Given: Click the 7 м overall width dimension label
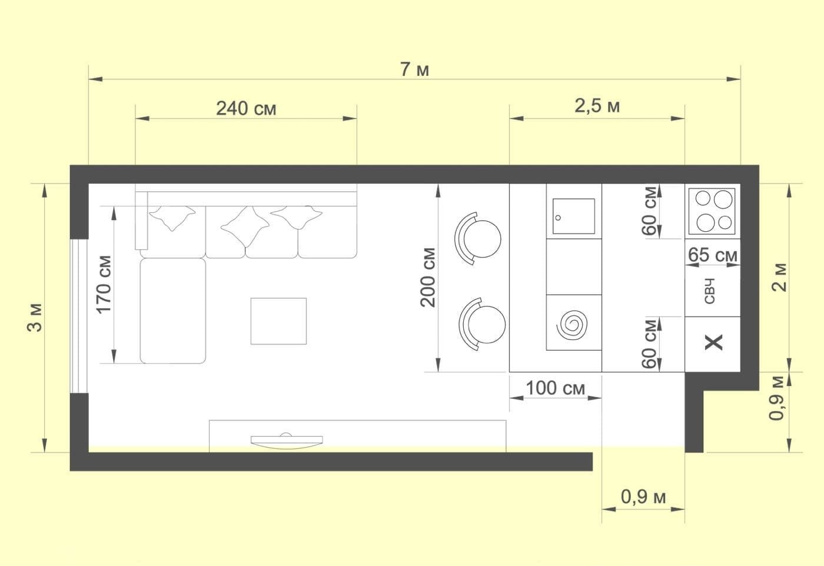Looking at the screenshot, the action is (414, 69).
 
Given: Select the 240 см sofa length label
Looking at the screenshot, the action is (246, 108).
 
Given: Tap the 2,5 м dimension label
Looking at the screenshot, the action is (597, 106).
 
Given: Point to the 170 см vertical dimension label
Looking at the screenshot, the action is (104, 285).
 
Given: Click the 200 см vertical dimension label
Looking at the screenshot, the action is (428, 278).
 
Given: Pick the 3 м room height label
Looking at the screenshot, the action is (35, 318).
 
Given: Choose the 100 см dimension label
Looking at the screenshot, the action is (556, 388).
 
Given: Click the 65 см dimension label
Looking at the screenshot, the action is (713, 255).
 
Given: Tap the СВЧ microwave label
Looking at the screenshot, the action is (710, 291).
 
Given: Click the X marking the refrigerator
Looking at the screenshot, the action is (713, 342).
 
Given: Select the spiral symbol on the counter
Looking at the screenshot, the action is (572, 325).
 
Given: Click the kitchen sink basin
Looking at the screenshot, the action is (574, 217).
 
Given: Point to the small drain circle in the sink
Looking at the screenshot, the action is (558, 218).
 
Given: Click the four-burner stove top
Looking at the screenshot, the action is (712, 211).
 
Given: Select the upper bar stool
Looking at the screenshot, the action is (478, 238).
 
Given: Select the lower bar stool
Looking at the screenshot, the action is (482, 324).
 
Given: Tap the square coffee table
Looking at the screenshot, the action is (278, 321).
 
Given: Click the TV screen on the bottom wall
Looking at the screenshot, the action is (287, 441).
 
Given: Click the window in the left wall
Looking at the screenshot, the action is (79, 316).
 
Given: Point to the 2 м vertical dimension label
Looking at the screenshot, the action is (779, 278).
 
